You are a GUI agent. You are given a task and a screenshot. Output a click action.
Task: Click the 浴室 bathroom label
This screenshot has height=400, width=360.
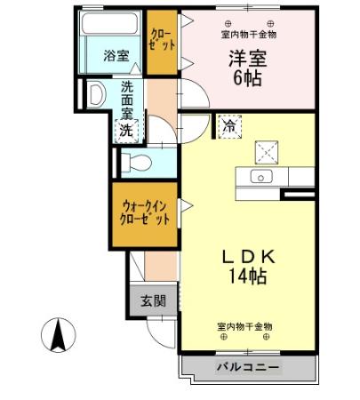pos(116,55)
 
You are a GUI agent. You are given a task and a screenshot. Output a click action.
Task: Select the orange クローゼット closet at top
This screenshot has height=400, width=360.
pos(163,40)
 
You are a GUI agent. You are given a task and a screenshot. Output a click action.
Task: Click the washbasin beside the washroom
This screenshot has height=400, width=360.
pos(95,96)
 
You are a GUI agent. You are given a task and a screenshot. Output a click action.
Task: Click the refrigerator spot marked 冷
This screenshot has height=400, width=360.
pos(228,126)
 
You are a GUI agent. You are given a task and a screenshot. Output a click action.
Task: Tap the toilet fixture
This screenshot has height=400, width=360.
pos(134,162)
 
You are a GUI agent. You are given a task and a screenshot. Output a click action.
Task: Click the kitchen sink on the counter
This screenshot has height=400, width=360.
pos(262,176)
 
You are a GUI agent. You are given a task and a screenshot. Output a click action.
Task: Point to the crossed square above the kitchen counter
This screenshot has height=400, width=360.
pos(267,149)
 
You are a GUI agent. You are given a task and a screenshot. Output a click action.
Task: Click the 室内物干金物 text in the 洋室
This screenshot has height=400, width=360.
pos(249,35)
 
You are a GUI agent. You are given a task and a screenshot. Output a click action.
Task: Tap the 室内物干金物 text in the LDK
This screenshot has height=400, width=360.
pos(245,326)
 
